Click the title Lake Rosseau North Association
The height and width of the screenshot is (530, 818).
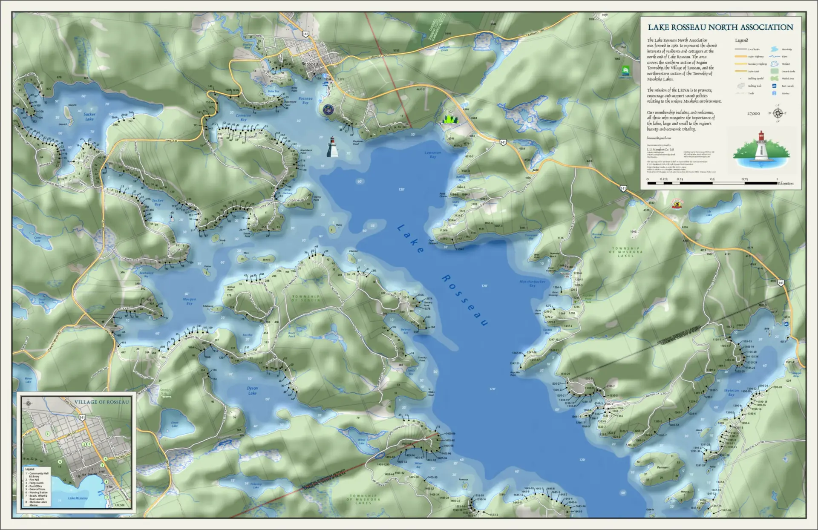(720, 27)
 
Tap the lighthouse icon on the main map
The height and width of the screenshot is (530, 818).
(332, 147)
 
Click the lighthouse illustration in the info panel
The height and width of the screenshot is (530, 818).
(760, 147)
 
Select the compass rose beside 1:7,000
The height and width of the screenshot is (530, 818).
(778, 113)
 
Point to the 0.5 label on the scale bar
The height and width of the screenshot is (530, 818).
(712, 179)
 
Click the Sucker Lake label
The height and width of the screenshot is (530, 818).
(89, 116)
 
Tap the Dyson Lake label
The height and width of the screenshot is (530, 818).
(253, 391)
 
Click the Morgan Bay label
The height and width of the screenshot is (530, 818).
(189, 301)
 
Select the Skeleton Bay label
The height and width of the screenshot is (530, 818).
(731, 392)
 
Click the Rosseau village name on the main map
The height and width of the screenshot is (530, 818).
(310, 63)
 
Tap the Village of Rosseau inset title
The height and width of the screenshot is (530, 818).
(101, 402)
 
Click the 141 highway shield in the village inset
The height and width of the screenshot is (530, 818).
(82, 418)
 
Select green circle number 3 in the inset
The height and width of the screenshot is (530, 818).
(48, 434)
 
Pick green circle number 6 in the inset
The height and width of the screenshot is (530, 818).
(60, 461)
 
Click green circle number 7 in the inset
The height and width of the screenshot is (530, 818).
(107, 497)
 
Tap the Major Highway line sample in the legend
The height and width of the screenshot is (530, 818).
(740, 57)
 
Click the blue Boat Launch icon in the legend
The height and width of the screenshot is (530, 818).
(774, 86)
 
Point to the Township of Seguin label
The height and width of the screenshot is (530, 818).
(305, 298)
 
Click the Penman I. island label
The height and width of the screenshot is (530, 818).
(663, 467)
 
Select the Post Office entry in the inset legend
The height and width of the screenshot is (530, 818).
(36, 486)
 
